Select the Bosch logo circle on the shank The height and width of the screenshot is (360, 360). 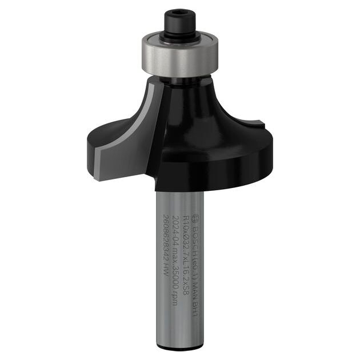pos(194,218)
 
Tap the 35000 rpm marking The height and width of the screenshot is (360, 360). pos(175,277)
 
